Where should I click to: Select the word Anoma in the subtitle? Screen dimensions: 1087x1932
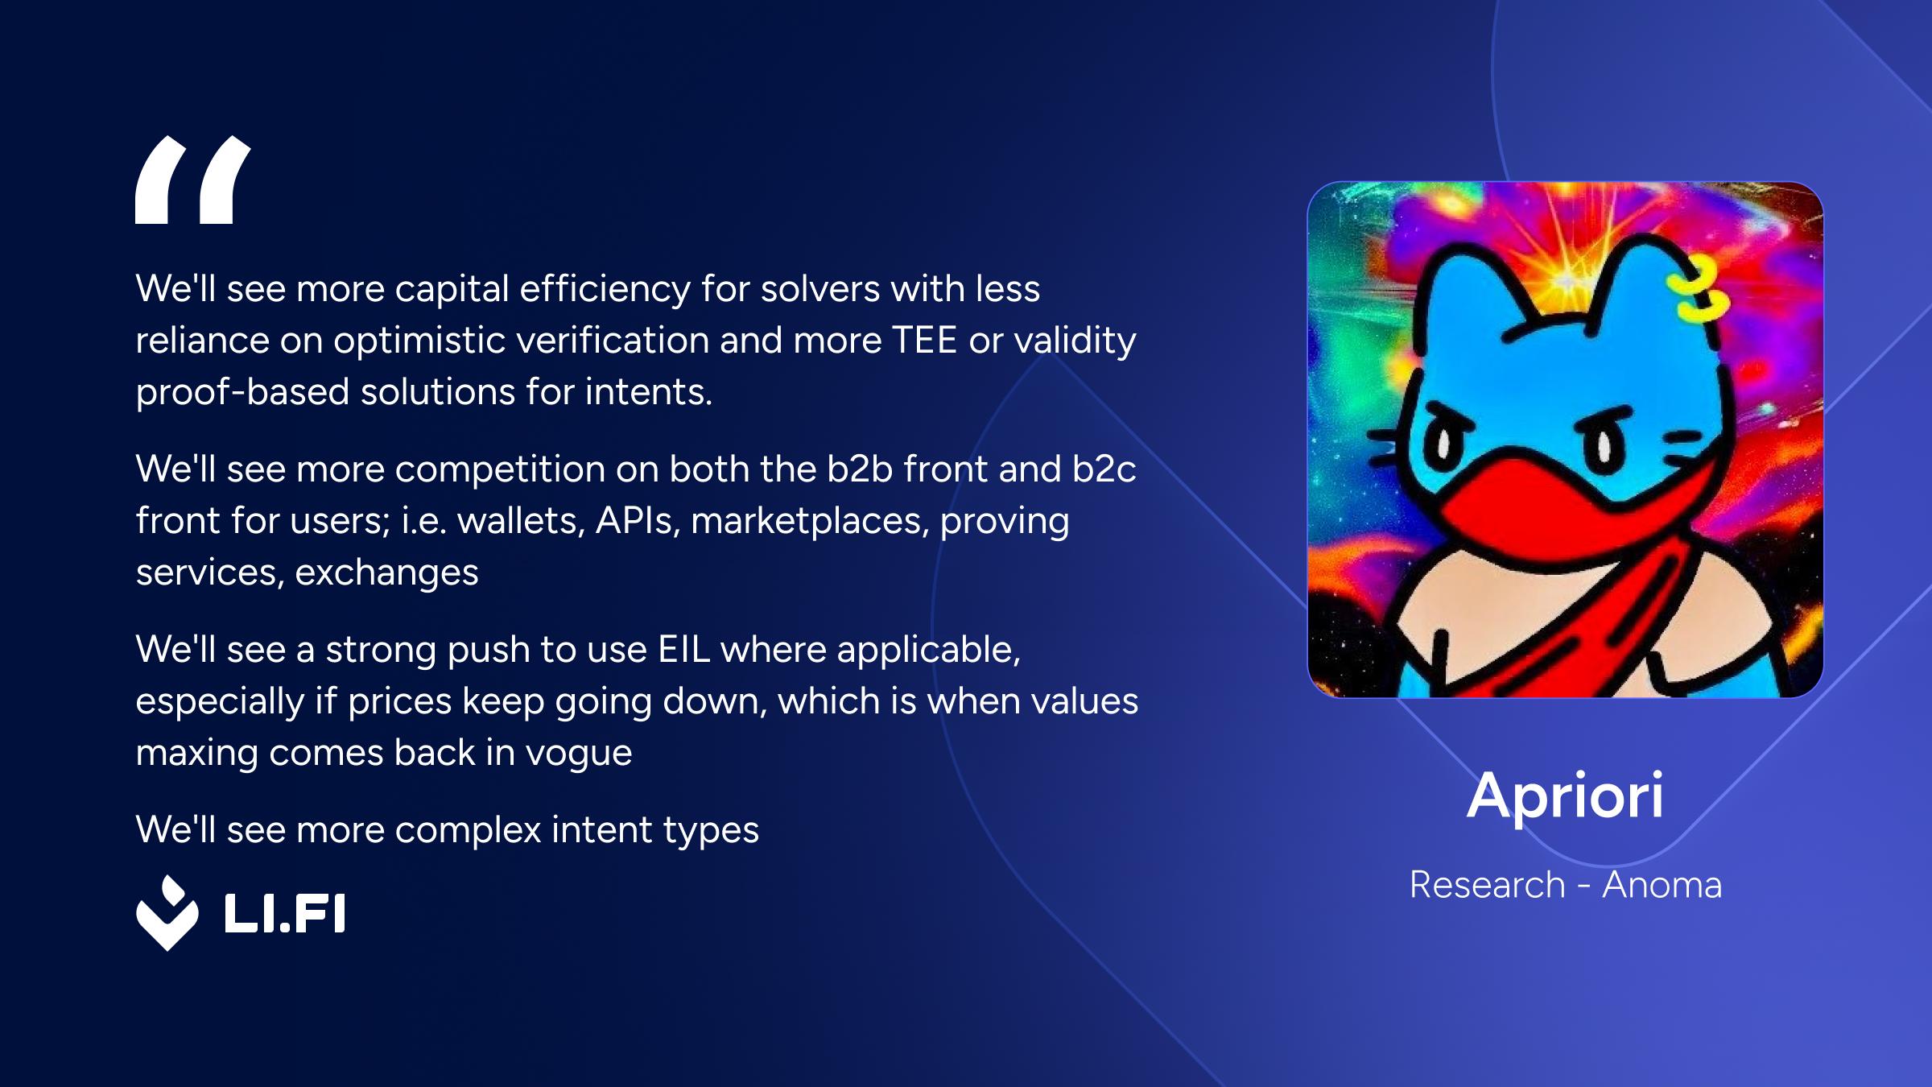(x=1662, y=885)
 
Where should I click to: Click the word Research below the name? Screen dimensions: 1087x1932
(x=1487, y=885)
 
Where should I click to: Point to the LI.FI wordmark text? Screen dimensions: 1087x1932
(x=284, y=913)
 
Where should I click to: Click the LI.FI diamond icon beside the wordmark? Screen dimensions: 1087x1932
(x=167, y=913)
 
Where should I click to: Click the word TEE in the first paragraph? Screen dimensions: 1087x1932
(x=924, y=341)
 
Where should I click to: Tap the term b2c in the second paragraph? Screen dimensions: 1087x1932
(x=1104, y=469)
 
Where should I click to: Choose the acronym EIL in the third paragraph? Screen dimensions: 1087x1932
(x=683, y=650)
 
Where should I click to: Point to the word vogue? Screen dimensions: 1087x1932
(x=579, y=754)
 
